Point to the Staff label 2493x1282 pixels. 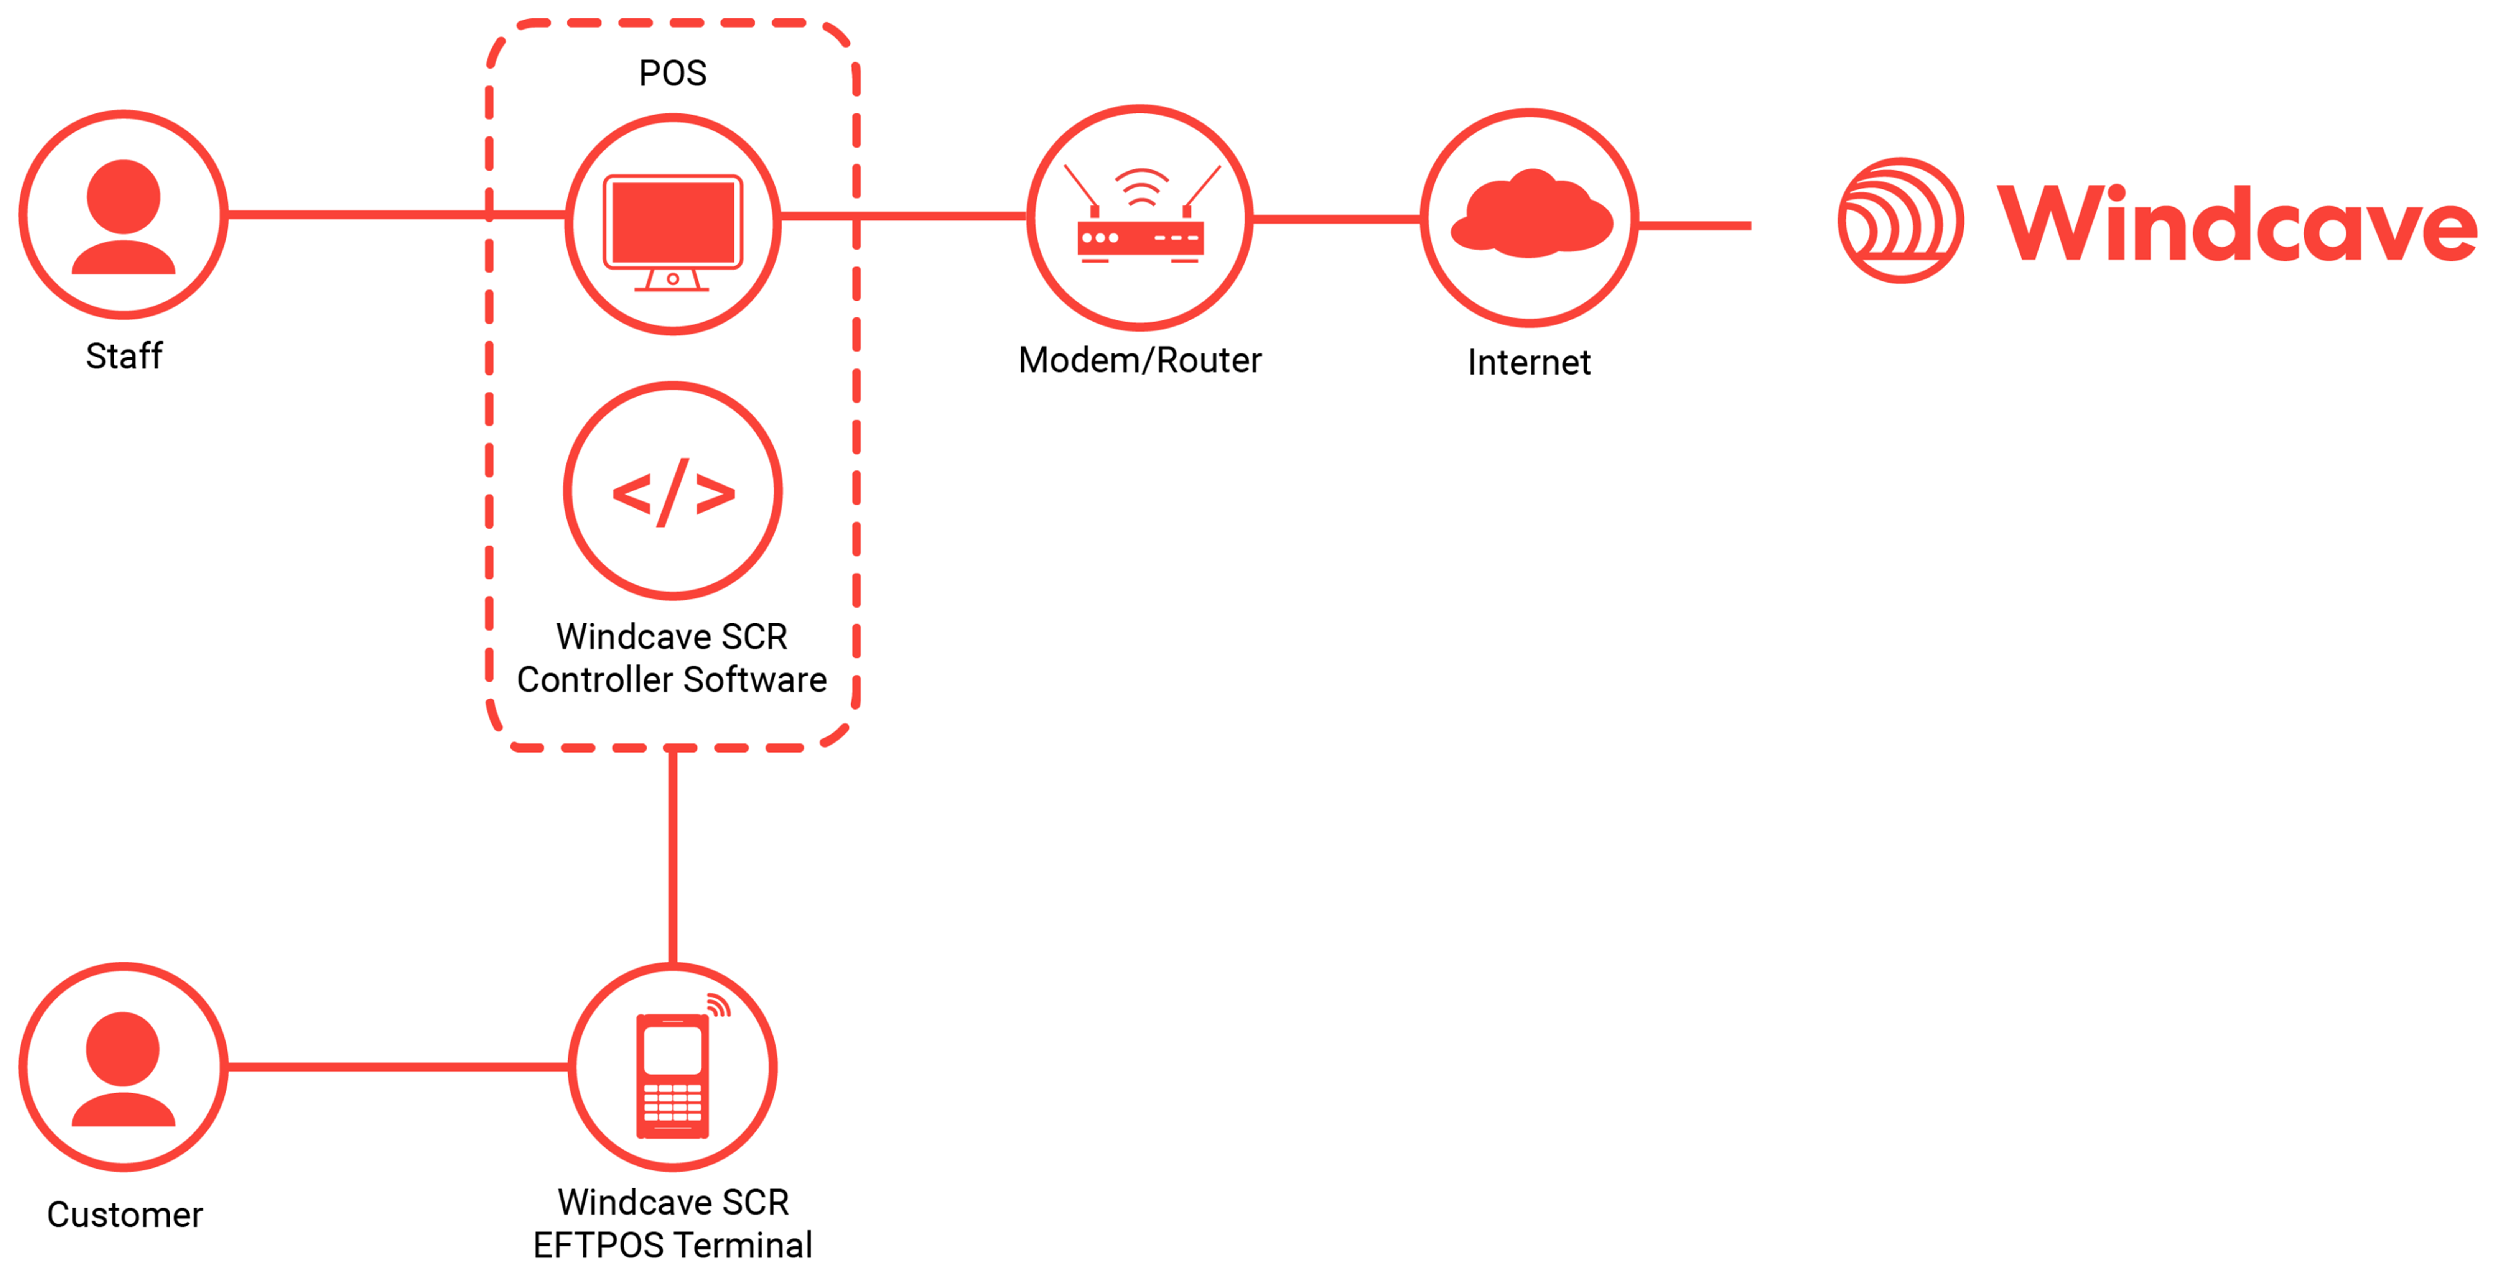pos(124,356)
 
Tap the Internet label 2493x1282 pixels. pos(1529,363)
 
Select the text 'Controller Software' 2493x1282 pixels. pos(672,680)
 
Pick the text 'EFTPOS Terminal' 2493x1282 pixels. pos(673,1245)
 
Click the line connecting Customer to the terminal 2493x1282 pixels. pos(397,1067)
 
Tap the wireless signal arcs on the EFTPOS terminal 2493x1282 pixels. pos(718,1006)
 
